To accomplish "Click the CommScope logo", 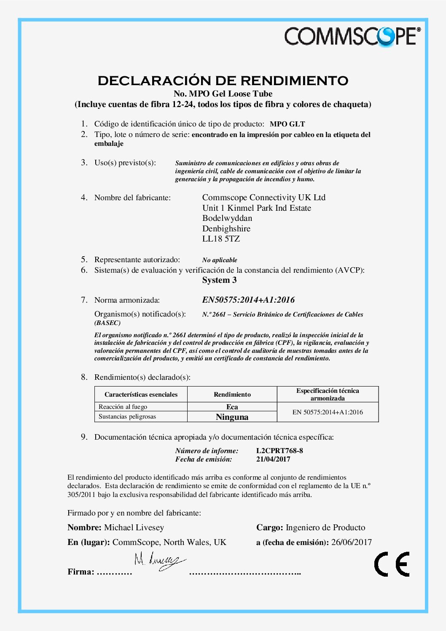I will point(352,36).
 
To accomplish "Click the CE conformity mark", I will point(392,564).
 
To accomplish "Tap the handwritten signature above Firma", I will point(159,561).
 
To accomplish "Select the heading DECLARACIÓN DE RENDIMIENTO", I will point(223,80).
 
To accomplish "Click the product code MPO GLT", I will point(287,124).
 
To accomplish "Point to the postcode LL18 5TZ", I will point(221,239).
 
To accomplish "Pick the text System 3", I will point(219,280).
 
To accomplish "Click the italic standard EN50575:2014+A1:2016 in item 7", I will point(248,300).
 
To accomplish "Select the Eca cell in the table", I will point(232,407).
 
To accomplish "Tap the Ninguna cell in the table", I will point(232,417).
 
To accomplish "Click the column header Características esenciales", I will point(141,395).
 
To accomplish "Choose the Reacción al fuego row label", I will point(123,407).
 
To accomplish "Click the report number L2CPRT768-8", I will point(279,450).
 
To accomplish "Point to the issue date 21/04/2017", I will point(273,459).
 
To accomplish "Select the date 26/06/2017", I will point(351,542).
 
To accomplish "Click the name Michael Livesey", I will point(134,527).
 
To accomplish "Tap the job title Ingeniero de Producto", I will point(325,527).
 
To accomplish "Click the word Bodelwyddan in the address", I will point(227,218).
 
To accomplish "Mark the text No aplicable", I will point(220,260).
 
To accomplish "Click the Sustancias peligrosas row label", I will point(127,416).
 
